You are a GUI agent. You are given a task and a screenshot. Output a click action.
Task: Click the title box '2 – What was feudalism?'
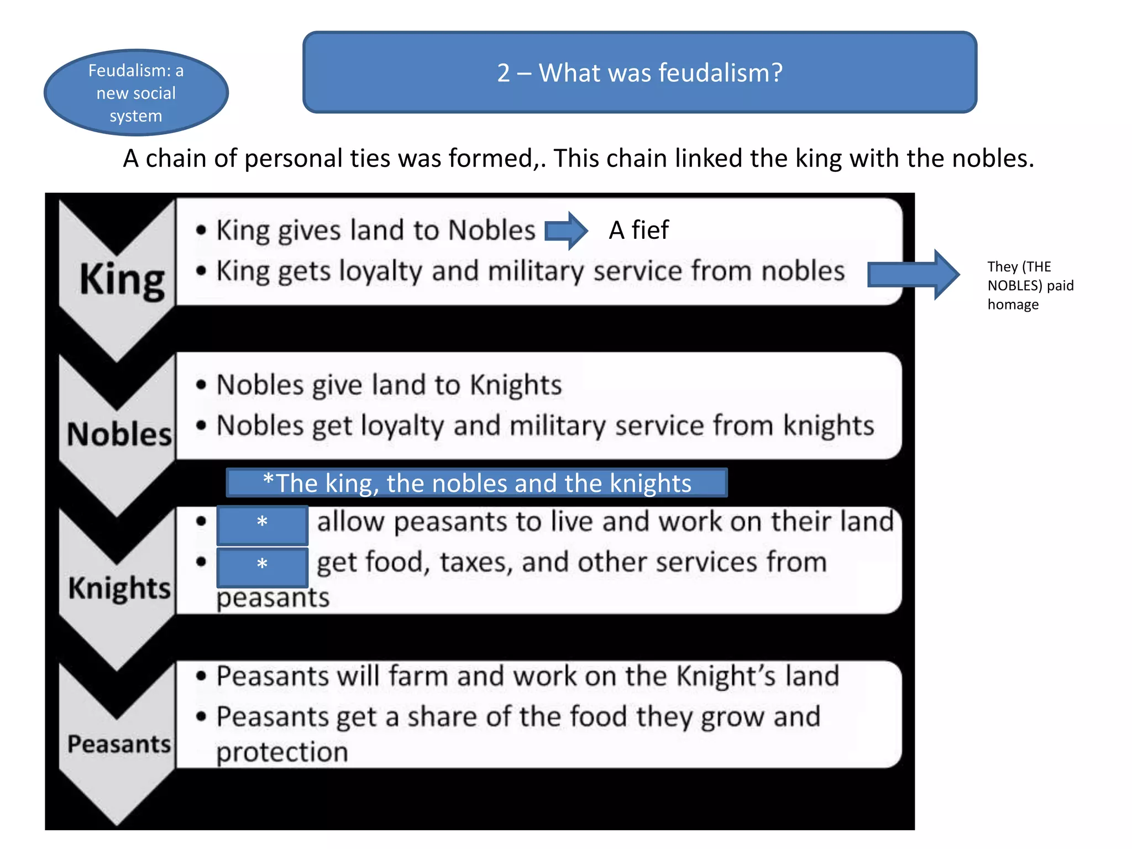tap(640, 72)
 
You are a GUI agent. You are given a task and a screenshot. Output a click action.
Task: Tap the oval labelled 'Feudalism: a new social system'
tap(136, 93)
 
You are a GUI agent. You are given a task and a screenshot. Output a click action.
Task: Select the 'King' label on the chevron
tap(122, 280)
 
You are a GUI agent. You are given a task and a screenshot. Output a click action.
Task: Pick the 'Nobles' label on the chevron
tap(119, 434)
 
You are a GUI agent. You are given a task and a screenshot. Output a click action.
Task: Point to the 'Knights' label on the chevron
tap(119, 588)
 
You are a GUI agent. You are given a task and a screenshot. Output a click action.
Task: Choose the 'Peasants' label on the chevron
tap(119, 744)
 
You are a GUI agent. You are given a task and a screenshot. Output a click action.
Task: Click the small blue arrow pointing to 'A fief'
tap(565, 230)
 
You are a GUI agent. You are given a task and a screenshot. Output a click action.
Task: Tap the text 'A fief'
tap(638, 230)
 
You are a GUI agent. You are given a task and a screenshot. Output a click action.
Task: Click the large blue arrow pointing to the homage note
tap(913, 274)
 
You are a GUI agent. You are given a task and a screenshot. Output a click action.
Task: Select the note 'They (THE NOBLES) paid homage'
tap(1030, 285)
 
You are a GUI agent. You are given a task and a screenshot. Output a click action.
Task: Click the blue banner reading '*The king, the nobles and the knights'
tap(476, 483)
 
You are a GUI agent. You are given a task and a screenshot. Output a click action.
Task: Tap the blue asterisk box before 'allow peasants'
tap(262, 523)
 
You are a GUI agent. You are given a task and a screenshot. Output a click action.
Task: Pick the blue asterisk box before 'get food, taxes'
tap(262, 566)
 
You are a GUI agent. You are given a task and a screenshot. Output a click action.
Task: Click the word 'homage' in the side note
tap(1013, 305)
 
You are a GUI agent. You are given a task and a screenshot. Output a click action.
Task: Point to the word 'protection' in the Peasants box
tap(282, 752)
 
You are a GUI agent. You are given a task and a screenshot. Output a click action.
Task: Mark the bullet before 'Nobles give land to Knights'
tap(201, 385)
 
